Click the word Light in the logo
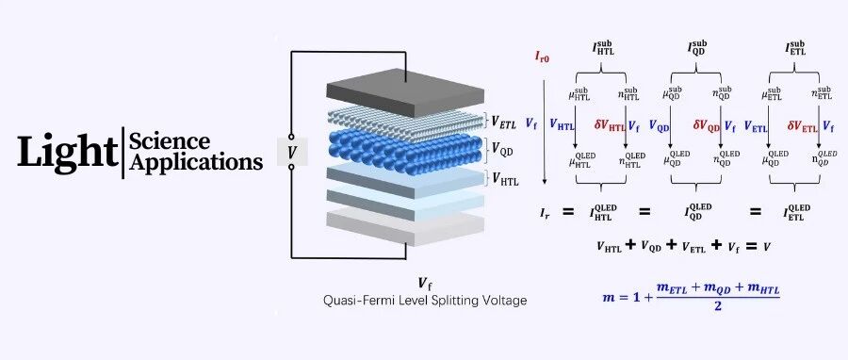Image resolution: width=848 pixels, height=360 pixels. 68,151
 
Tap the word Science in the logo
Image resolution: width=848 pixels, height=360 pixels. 170,141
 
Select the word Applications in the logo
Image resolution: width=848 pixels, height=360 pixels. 196,162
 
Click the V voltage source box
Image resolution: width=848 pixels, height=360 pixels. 292,152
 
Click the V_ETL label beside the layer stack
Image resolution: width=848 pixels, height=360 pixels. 504,122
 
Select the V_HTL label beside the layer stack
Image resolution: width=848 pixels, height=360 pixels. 505,179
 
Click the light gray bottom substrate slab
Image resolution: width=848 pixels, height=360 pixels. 405,227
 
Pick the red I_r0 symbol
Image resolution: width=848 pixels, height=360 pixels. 543,57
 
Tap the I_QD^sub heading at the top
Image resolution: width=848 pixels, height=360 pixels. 696,47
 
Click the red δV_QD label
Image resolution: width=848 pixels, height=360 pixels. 707,126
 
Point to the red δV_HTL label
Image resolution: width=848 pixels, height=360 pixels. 610,126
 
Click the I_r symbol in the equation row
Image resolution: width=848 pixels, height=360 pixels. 544,212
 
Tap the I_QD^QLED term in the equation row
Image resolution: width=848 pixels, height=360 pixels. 696,212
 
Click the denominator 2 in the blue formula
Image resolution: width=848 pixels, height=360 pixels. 717,306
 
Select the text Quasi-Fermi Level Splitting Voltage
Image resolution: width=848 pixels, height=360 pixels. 425,300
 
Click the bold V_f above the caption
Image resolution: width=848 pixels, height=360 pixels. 425,284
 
